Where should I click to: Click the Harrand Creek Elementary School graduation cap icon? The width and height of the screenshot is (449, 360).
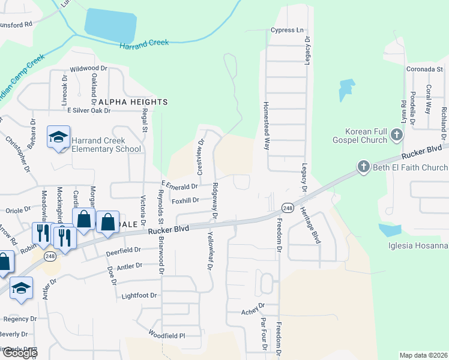point(59,137)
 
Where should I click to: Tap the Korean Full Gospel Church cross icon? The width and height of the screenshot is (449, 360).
point(396,135)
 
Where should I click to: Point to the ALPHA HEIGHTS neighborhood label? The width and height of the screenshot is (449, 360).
point(133,102)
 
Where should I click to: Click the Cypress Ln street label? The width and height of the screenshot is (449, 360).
point(288,30)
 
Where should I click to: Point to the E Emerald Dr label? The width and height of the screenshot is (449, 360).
point(180,187)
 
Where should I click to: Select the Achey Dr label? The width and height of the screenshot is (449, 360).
point(253,311)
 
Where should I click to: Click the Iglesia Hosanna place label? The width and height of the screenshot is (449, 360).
point(418,246)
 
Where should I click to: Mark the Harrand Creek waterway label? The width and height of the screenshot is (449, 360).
point(144,43)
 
